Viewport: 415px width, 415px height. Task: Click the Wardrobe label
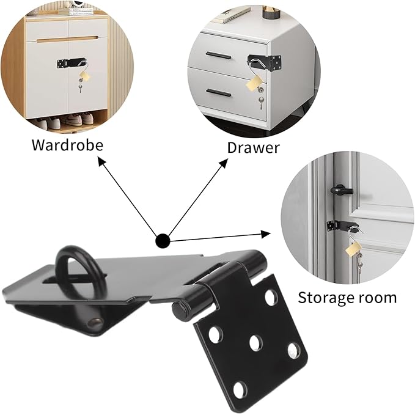click(67, 145)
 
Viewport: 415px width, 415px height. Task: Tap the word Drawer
click(253, 147)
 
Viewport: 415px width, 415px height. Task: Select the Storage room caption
click(347, 298)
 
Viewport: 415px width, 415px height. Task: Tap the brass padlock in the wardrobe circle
click(84, 76)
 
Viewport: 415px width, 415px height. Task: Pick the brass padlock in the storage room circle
click(353, 248)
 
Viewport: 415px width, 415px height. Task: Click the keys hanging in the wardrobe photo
click(80, 88)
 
